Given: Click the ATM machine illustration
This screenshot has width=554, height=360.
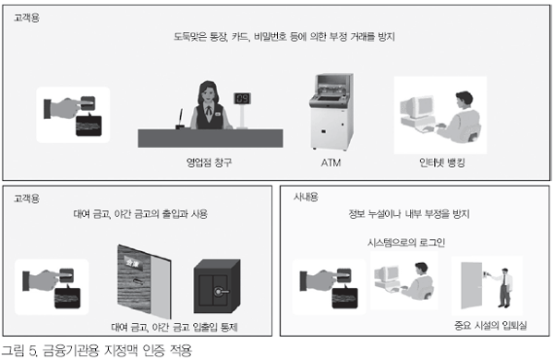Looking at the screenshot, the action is pyautogui.click(x=331, y=112).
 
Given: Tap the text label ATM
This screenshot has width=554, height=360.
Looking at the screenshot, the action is pyautogui.click(x=331, y=162).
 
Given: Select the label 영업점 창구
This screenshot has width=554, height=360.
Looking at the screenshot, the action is pyautogui.click(x=210, y=162).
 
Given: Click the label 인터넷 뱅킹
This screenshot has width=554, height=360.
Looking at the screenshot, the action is pyautogui.click(x=442, y=162).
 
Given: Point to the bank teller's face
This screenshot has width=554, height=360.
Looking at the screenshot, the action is pyautogui.click(x=208, y=93).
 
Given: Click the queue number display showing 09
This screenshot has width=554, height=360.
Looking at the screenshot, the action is pyautogui.click(x=242, y=99).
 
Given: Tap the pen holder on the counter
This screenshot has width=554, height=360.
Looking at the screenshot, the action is pyautogui.click(x=181, y=126).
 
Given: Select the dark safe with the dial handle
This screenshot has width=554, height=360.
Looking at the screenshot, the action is pyautogui.click(x=217, y=286).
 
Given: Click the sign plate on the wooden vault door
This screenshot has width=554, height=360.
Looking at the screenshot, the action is pyautogui.click(x=134, y=264).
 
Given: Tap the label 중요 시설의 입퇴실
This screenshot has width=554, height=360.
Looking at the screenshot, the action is pyautogui.click(x=490, y=325).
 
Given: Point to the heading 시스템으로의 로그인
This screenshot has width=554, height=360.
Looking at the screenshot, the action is pyautogui.click(x=406, y=243).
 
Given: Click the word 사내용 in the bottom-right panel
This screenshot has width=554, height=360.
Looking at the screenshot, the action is pyautogui.click(x=306, y=197).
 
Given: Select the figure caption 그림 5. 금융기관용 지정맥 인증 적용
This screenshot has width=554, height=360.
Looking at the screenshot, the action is pyautogui.click(x=97, y=351).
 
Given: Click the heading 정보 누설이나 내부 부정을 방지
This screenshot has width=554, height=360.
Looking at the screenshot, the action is pyautogui.click(x=409, y=214).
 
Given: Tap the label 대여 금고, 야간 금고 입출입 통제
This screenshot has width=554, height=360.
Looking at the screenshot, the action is pyautogui.click(x=175, y=327).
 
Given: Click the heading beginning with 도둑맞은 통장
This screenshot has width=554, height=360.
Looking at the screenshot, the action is pyautogui.click(x=284, y=37).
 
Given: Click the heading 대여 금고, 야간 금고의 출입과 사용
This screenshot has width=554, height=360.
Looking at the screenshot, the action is pyautogui.click(x=140, y=214).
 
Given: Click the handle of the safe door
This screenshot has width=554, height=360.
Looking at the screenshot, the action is pyautogui.click(x=222, y=292).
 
